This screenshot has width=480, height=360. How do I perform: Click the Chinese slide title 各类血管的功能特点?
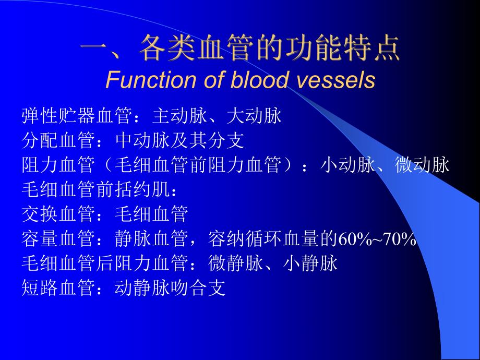click(x=269, y=51)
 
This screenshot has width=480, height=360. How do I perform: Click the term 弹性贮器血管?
click(x=76, y=116)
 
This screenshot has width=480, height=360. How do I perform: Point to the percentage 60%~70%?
click(x=377, y=239)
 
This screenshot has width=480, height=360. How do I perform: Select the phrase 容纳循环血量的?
click(x=272, y=239)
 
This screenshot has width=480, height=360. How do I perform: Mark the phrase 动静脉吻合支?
click(x=170, y=287)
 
